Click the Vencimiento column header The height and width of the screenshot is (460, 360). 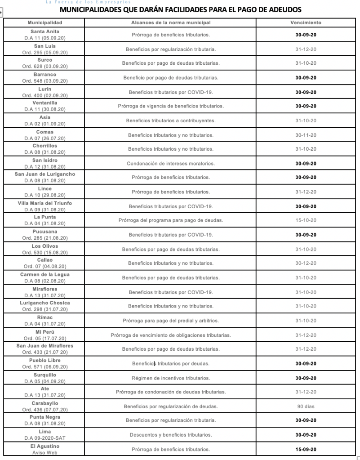click(306, 22)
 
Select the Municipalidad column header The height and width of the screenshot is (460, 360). click(45, 22)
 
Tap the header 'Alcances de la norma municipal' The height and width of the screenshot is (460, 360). click(170, 22)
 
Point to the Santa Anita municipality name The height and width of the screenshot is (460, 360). click(45, 31)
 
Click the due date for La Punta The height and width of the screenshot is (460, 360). click(306, 220)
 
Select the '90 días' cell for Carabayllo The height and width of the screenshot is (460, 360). click(306, 406)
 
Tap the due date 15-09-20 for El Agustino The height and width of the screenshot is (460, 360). click(306, 449)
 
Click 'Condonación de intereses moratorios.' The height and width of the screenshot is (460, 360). click(170, 163)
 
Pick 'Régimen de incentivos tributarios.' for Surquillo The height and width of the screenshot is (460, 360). click(170, 378)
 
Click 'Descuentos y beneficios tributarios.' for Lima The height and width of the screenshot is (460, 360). click(170, 435)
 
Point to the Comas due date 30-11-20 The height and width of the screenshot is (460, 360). click(306, 135)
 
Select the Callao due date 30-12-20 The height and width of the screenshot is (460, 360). click(306, 263)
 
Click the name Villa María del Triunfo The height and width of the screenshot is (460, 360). click(45, 203)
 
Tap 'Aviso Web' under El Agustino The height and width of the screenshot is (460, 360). click(45, 452)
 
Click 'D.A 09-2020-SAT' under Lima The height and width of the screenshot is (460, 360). click(45, 438)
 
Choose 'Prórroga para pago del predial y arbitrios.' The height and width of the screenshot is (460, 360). click(170, 321)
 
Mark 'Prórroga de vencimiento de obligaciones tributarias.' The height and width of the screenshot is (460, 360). click(170, 335)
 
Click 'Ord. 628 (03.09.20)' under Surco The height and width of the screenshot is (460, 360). click(45, 66)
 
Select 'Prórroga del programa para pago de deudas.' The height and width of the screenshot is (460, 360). click(170, 220)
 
